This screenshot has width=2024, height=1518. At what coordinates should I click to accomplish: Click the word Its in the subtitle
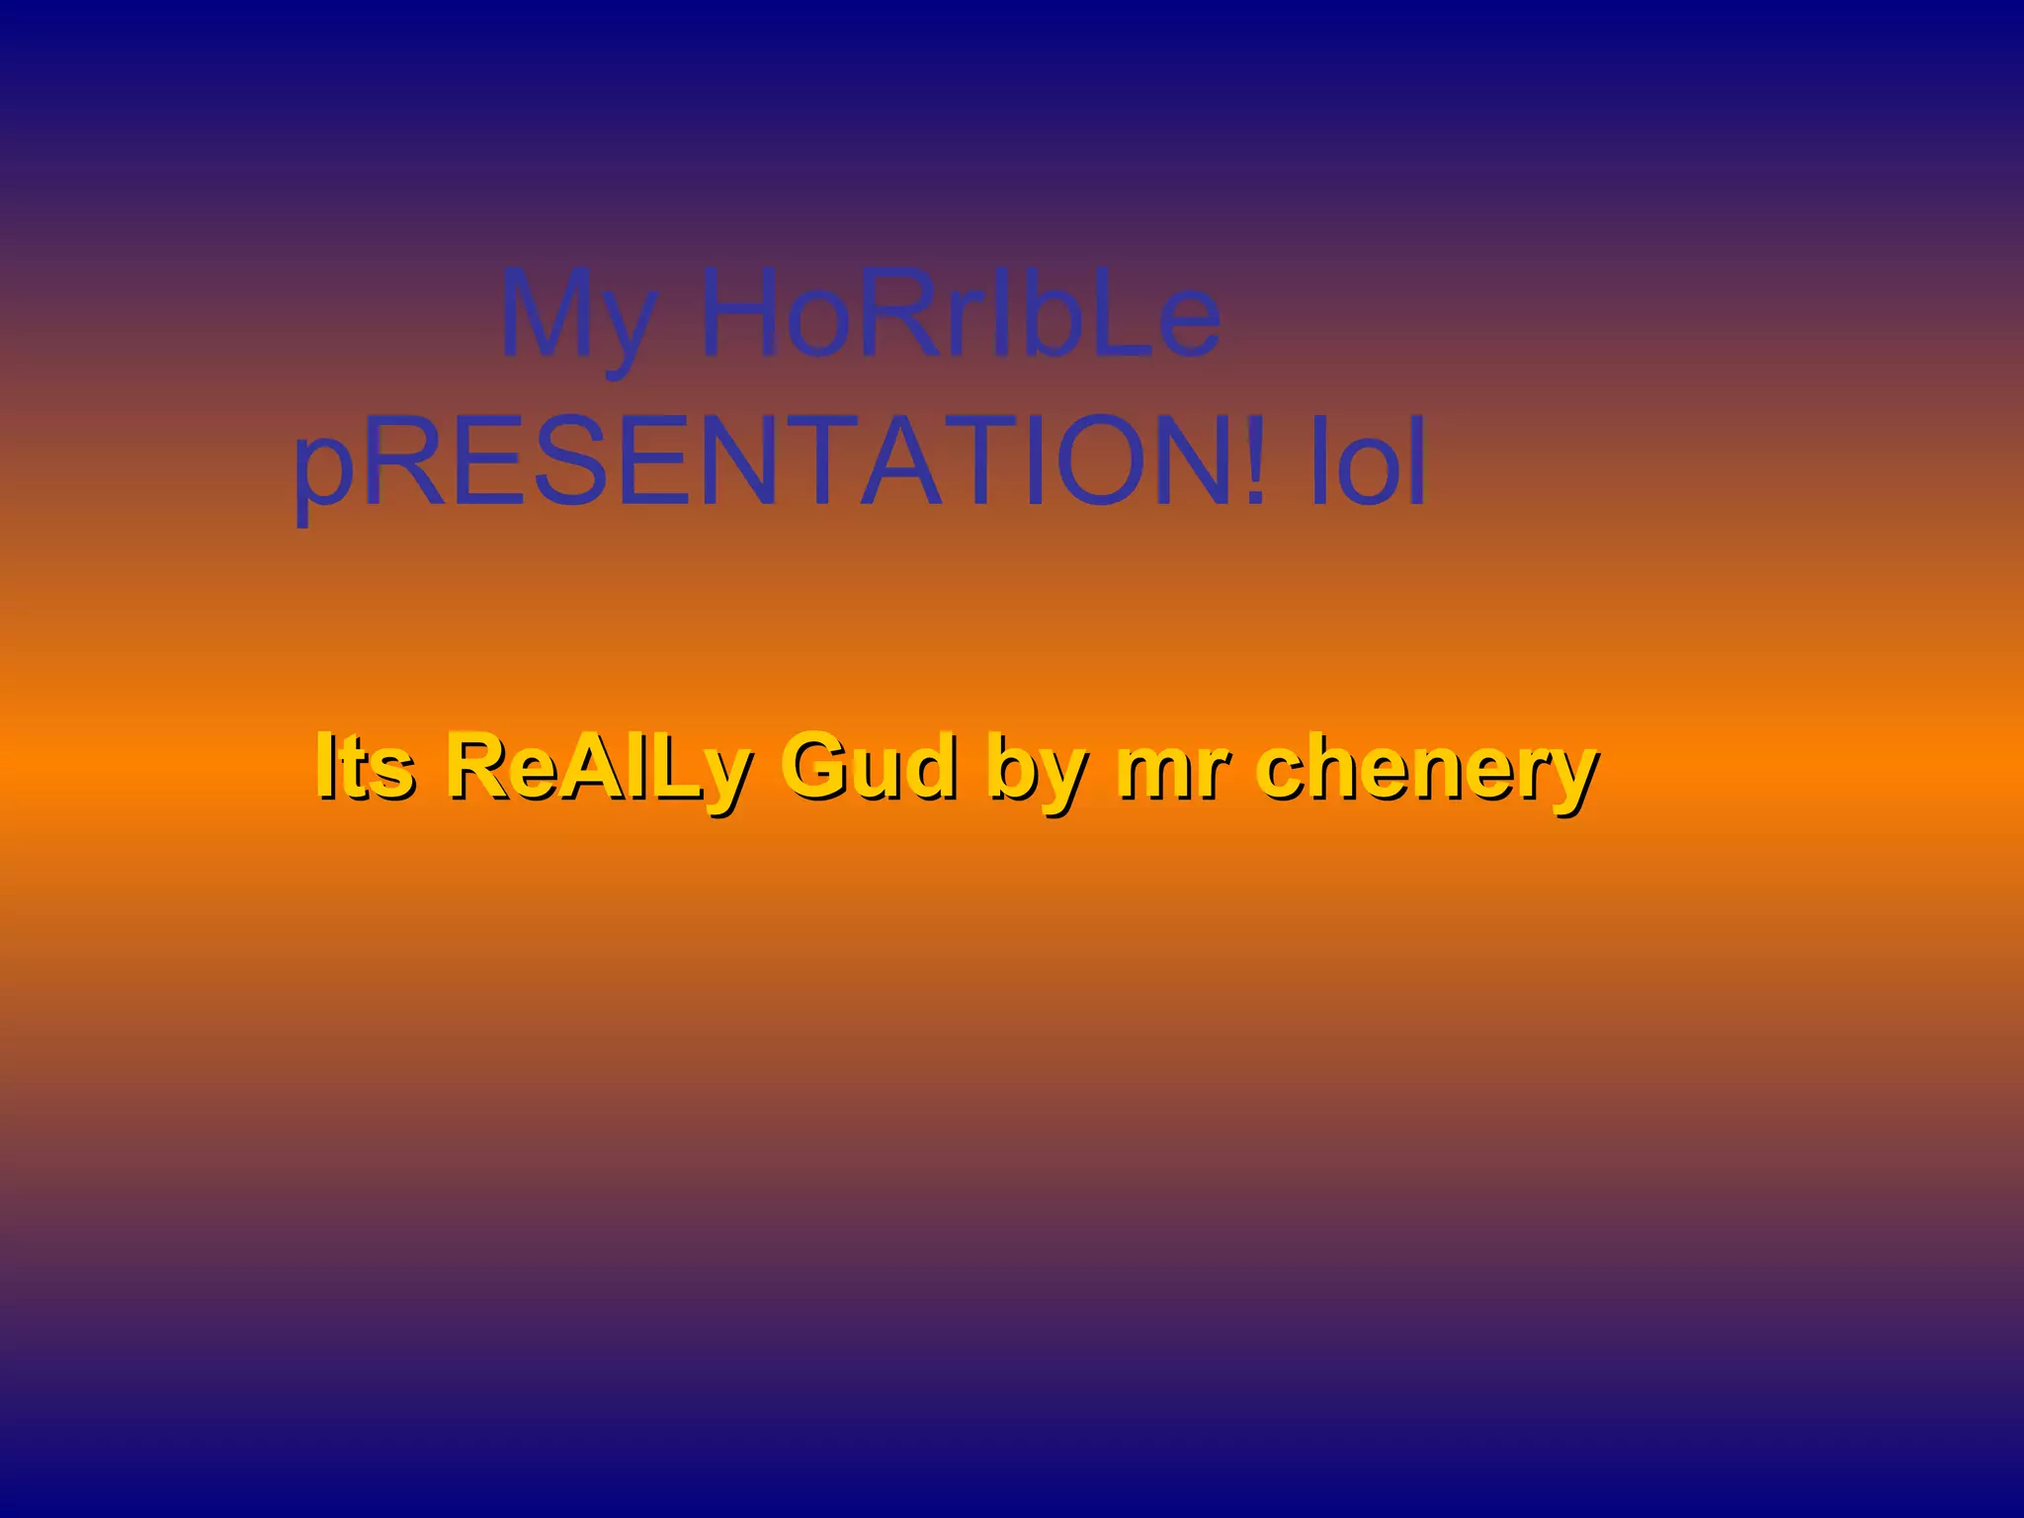click(x=364, y=766)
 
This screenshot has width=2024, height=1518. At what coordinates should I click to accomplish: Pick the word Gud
click(x=870, y=766)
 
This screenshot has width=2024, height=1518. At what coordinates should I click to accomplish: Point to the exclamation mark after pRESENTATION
click(x=1253, y=461)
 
